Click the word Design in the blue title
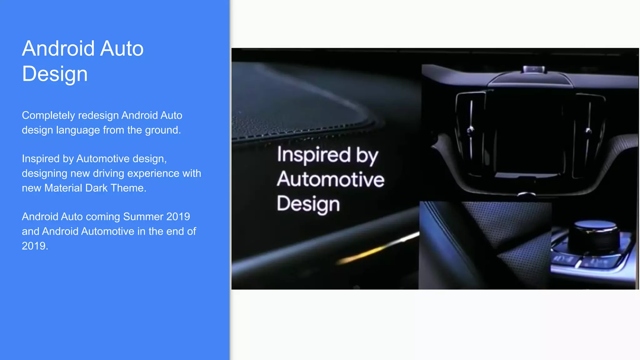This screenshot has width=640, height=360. [55, 74]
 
